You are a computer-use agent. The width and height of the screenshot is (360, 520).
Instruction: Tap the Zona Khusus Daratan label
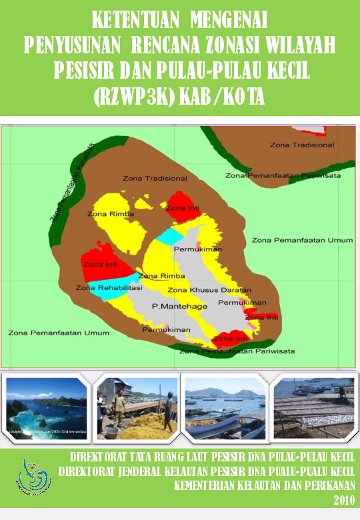[x=209, y=290]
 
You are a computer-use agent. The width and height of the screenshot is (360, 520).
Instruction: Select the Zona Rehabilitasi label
[x=109, y=288]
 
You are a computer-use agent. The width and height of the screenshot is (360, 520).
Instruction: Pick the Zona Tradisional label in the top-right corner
[x=302, y=145]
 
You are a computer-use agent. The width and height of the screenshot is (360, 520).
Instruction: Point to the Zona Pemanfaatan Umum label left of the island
[x=49, y=332]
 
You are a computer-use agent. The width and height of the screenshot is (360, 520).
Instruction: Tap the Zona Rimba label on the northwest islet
[x=111, y=214]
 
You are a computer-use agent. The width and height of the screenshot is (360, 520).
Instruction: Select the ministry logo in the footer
[x=35, y=475]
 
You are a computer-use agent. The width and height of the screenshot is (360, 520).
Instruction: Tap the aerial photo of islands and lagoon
[x=46, y=409]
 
